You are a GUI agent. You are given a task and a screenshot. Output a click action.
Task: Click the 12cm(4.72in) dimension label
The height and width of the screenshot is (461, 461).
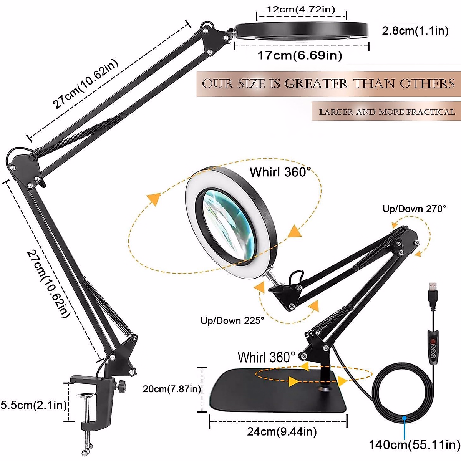pyautogui.click(x=301, y=9)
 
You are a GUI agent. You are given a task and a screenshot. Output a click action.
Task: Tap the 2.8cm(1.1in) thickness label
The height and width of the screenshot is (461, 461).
pyautogui.click(x=415, y=31)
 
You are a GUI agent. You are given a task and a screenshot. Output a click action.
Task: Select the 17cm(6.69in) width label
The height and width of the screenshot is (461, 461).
pyautogui.click(x=300, y=56)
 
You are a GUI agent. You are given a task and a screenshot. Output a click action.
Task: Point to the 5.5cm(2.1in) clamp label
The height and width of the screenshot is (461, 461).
pyautogui.click(x=33, y=405)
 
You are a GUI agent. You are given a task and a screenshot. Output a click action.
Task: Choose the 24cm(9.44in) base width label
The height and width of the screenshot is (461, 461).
pyautogui.click(x=282, y=432)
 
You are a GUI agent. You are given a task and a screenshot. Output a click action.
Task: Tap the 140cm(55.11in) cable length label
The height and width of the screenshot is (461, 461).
pyautogui.click(x=415, y=445)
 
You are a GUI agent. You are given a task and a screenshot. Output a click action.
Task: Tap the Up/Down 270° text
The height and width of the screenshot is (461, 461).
pyautogui.click(x=415, y=209)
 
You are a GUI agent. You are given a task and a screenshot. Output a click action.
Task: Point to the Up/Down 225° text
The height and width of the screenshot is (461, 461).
pyautogui.click(x=232, y=320)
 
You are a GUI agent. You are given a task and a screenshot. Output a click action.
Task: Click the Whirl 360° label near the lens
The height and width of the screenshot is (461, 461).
pyautogui.click(x=280, y=172)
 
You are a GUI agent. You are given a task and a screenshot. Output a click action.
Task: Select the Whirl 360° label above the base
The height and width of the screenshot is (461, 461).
pyautogui.click(x=267, y=357)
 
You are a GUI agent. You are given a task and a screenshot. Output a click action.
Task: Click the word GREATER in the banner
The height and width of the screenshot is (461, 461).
pyautogui.click(x=316, y=84)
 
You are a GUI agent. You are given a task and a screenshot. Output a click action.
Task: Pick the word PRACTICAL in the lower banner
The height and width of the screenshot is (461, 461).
pyautogui.click(x=431, y=112)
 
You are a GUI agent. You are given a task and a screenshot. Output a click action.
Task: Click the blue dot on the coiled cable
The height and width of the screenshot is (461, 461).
pyautogui.click(x=404, y=418)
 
